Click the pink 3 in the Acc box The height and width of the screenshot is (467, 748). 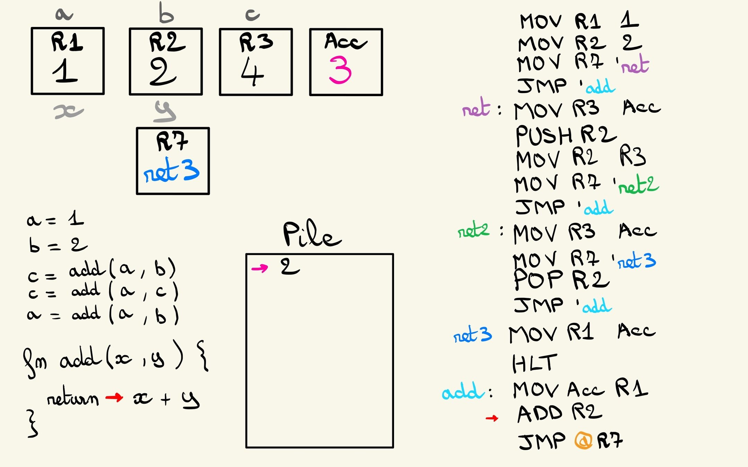340,70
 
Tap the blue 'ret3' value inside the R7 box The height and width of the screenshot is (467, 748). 171,170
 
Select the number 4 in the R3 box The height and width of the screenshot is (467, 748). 252,72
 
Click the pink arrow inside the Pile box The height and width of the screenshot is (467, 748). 260,268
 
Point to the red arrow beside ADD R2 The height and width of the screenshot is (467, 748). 492,418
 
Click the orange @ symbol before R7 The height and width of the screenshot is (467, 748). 583,441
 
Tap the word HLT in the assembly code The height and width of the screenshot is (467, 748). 534,364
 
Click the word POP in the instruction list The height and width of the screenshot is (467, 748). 538,279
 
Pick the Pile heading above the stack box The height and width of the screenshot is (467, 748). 312,235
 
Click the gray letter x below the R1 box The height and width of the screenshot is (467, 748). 69,112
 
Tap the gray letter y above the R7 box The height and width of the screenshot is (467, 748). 165,112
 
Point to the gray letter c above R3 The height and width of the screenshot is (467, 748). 252,15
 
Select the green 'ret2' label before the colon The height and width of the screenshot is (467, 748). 473,230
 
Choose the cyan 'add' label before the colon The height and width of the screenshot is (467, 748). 462,392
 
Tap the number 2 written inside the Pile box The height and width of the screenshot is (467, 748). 290,266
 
